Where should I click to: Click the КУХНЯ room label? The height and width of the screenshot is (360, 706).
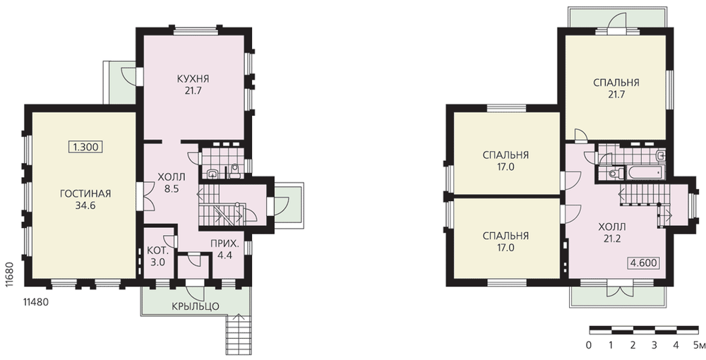[193, 79]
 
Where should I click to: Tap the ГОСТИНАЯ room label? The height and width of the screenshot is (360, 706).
[85, 194]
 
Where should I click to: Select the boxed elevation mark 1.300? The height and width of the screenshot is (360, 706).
[85, 147]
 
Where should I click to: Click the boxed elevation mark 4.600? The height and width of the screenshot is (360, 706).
[643, 263]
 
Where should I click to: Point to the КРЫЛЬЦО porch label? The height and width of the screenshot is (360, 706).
[195, 306]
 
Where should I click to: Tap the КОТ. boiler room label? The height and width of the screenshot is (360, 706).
[157, 250]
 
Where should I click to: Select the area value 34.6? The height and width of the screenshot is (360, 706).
[85, 205]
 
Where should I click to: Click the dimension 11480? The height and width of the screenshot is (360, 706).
[35, 302]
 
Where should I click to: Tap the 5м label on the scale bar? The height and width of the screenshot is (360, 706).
[699, 345]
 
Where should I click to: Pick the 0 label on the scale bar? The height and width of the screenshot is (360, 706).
[589, 345]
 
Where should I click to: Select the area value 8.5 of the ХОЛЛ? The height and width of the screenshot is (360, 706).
[172, 189]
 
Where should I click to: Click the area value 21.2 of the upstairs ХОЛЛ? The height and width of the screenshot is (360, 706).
[612, 239]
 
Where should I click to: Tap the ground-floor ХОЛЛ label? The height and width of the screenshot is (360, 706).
[172, 177]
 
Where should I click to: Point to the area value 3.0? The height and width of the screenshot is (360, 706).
[157, 262]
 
